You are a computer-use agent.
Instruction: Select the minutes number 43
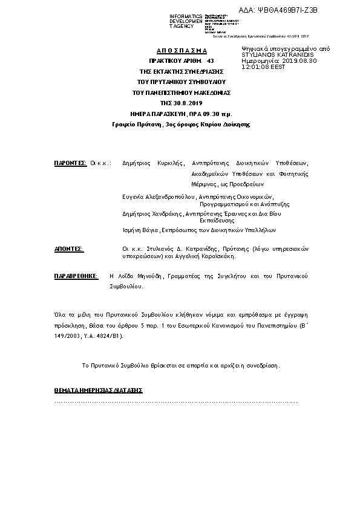click(210, 61)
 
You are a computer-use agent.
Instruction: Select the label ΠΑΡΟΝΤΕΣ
click(70, 163)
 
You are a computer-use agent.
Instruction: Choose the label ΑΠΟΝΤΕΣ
click(69, 248)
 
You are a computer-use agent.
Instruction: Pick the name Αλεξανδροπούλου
click(169, 197)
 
